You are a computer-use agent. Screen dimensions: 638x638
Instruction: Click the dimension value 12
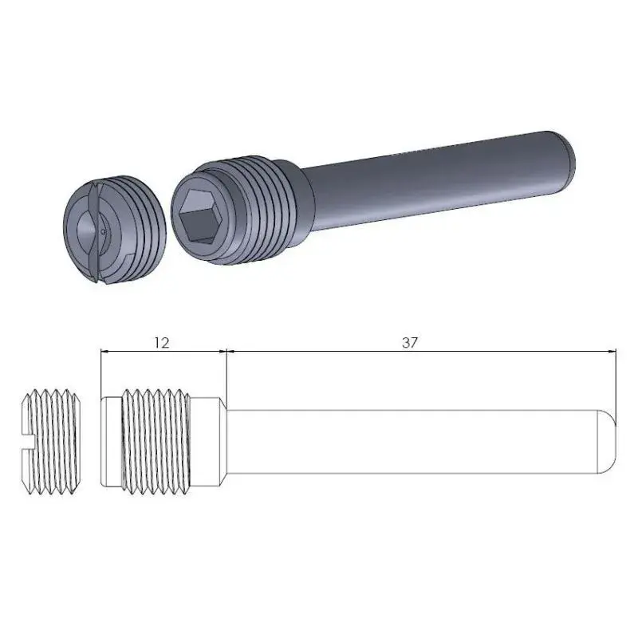(x=161, y=342)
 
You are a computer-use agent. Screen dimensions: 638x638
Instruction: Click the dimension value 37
(x=410, y=342)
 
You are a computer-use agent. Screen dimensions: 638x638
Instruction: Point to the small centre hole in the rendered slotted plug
(x=104, y=232)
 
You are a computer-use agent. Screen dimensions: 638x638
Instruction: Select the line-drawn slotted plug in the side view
(x=49, y=443)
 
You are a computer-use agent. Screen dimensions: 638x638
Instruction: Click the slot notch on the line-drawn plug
(x=26, y=443)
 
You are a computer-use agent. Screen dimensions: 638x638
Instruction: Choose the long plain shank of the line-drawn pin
(x=415, y=443)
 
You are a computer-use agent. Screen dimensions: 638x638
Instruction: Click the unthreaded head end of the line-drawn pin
(x=111, y=443)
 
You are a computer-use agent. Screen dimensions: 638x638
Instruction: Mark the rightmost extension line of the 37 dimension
(x=618, y=383)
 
